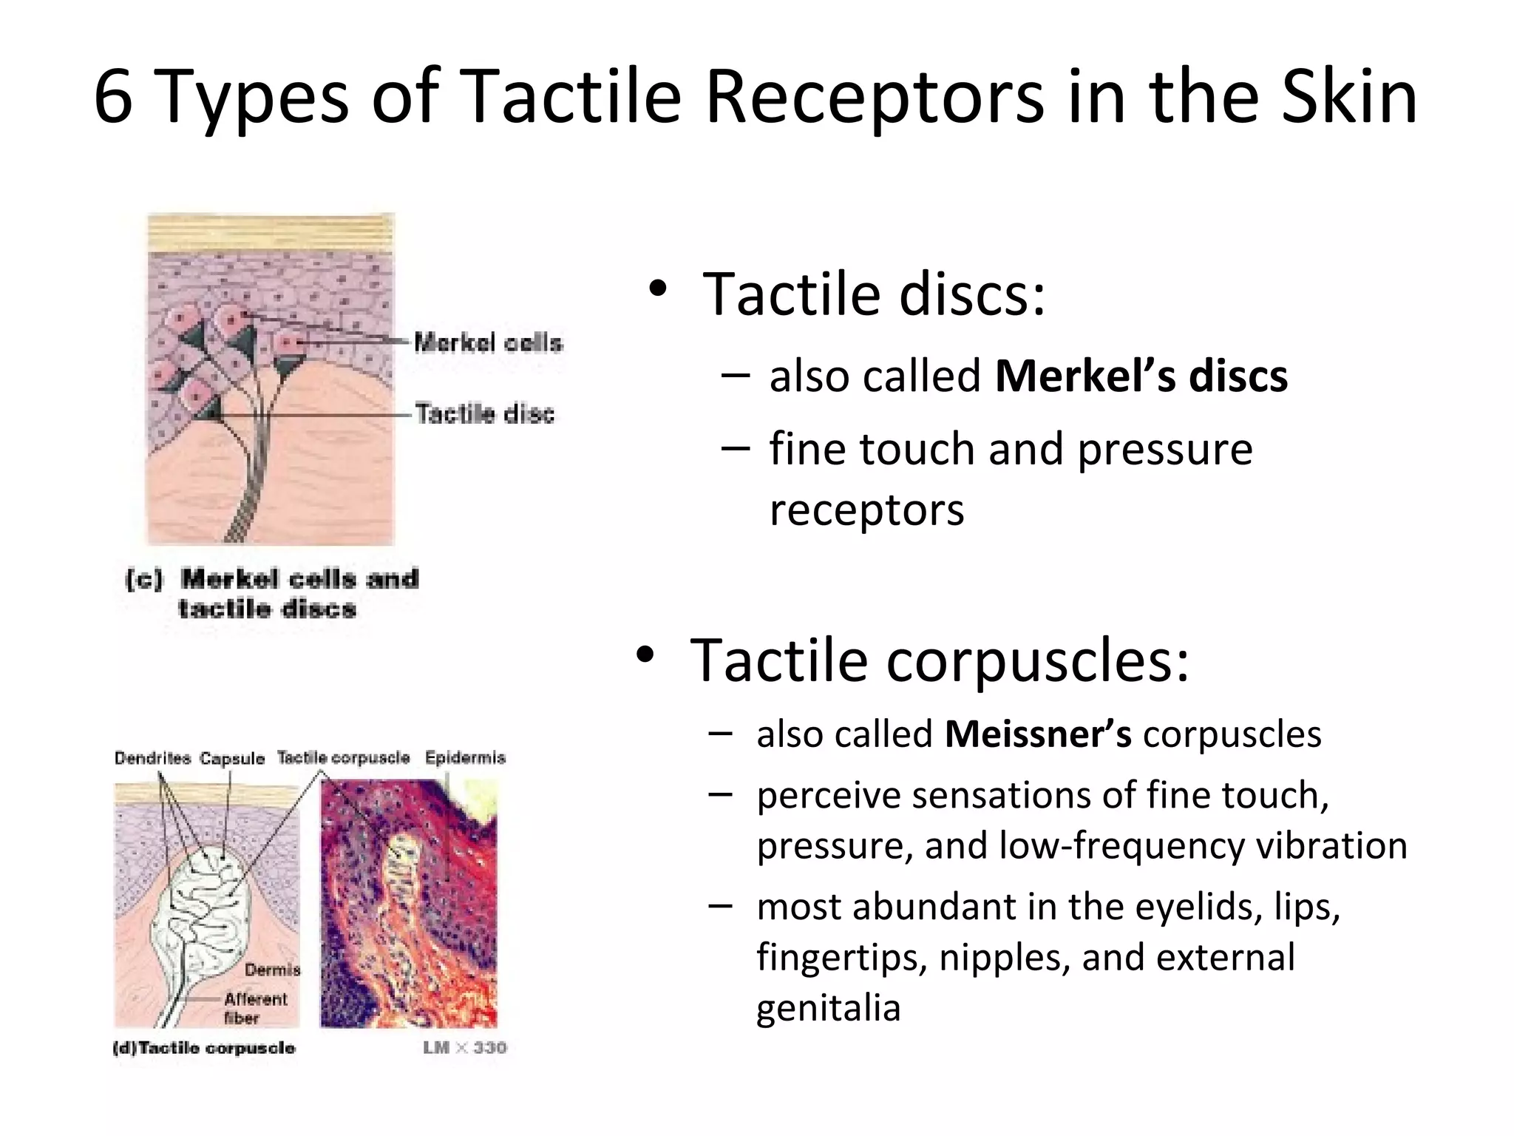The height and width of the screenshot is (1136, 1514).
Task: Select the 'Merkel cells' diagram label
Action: pyautogui.click(x=488, y=342)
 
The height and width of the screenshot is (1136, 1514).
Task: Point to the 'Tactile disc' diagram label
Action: pyautogui.click(x=484, y=413)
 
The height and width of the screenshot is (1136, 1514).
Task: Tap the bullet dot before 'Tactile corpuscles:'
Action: pyautogui.click(x=645, y=655)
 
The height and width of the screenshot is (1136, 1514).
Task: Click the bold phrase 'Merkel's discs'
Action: pyautogui.click(x=1141, y=376)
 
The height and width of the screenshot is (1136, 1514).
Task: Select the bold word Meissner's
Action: pyautogui.click(x=1037, y=734)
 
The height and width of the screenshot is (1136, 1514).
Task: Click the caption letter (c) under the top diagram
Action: pyautogui.click(x=143, y=579)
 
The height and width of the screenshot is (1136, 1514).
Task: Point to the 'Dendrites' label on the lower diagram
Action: pyautogui.click(x=152, y=758)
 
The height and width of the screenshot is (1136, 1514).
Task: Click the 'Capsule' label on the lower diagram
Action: pyautogui.click(x=232, y=759)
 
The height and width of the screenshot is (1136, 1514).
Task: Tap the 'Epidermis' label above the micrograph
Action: pyautogui.click(x=465, y=758)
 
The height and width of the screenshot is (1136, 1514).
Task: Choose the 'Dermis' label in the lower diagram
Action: pyautogui.click(x=272, y=970)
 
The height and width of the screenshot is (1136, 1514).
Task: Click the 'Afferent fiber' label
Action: pyautogui.click(x=254, y=1008)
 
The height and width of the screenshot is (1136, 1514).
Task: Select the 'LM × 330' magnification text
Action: pyautogui.click(x=464, y=1047)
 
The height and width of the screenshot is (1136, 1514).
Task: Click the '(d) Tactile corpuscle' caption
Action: pyautogui.click(x=204, y=1048)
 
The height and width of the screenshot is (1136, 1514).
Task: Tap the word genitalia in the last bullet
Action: pyautogui.click(x=828, y=1008)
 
